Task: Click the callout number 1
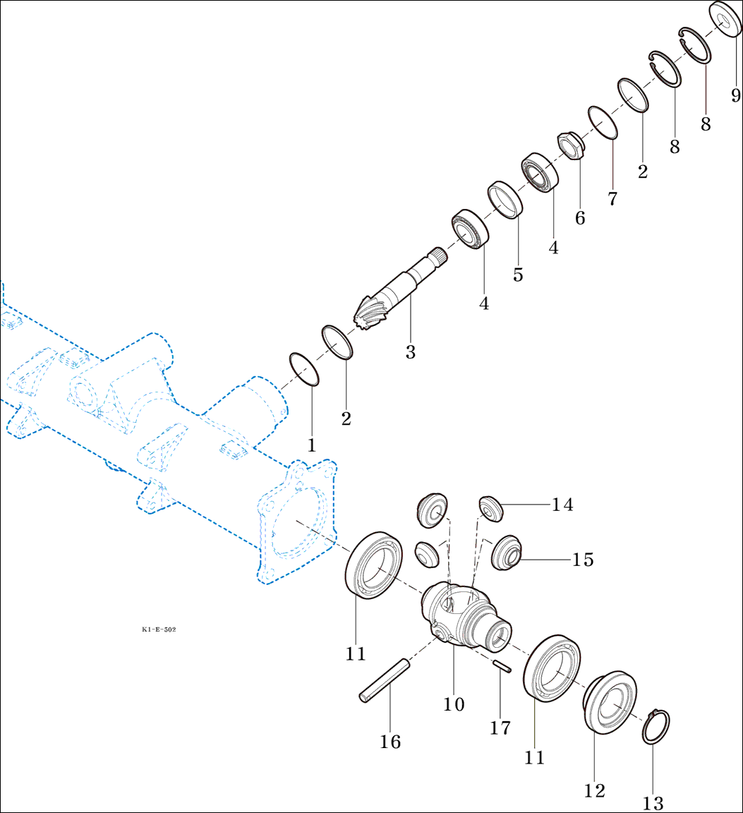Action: click(x=311, y=446)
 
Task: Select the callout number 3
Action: click(x=410, y=352)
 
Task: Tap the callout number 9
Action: click(x=735, y=95)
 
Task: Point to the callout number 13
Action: click(x=653, y=803)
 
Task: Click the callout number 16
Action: click(x=390, y=742)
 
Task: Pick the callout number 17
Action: click(x=500, y=728)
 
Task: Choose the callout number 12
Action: click(x=595, y=790)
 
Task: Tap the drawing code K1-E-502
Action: click(x=159, y=628)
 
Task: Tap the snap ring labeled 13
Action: click(x=656, y=726)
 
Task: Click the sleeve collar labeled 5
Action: click(x=506, y=200)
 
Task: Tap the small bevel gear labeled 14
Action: click(x=490, y=507)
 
